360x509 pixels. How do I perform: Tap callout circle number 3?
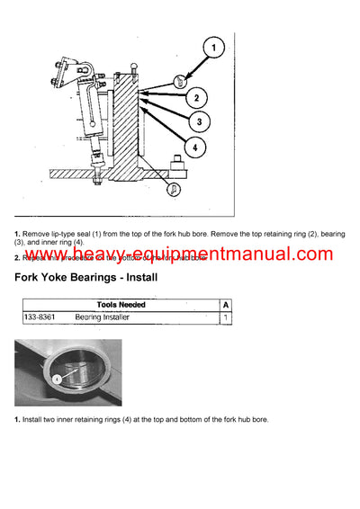coord(204,121)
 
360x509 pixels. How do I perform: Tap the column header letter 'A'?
coord(224,305)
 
